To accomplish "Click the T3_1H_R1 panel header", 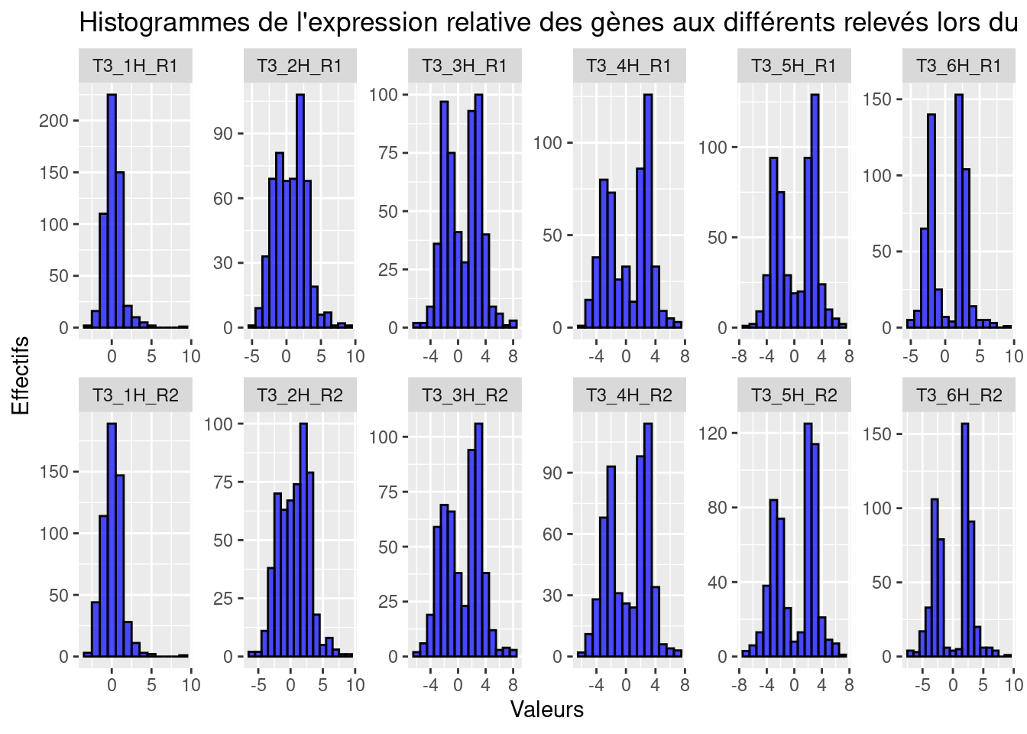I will (x=135, y=66).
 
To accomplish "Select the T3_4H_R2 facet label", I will (x=629, y=395).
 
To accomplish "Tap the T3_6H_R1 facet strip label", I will (x=958, y=66).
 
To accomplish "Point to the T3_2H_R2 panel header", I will (x=300, y=395).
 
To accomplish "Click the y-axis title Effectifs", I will (x=21, y=375).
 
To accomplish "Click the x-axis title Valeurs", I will (x=546, y=710).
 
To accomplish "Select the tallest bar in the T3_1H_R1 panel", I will (x=112, y=211).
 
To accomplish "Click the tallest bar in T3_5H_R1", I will (x=815, y=211).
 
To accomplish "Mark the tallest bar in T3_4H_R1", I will (x=648, y=211).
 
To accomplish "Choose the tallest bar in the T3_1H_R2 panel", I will (x=112, y=540).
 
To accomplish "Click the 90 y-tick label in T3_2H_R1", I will (x=222, y=134).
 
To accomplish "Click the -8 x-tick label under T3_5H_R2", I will (x=739, y=685).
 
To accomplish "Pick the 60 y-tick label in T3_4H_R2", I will (x=552, y=534).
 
